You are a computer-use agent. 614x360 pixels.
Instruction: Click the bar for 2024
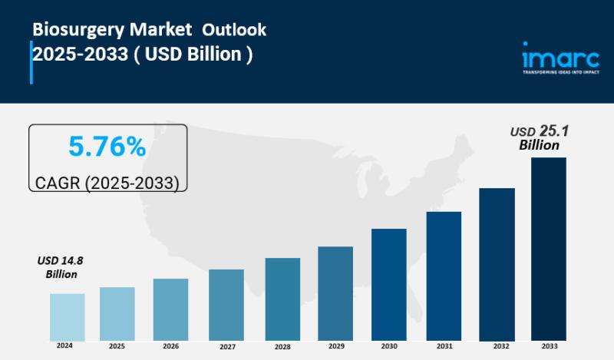coord(68,316)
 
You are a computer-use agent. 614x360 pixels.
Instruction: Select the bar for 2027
coord(226,305)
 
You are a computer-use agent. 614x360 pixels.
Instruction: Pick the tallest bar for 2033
coord(549,249)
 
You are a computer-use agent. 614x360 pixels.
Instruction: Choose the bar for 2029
coord(335,293)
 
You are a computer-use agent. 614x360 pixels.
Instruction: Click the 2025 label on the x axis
coord(117,347)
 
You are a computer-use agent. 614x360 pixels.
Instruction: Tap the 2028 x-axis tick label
coord(282,347)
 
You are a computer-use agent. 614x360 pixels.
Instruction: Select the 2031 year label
coord(444,347)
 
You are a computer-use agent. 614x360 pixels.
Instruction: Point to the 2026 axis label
coord(170,347)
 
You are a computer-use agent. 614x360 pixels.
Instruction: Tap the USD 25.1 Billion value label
coord(540,137)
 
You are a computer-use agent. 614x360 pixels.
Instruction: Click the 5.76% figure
coord(107,147)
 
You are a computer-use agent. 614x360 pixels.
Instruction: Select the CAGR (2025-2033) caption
coord(107,183)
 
